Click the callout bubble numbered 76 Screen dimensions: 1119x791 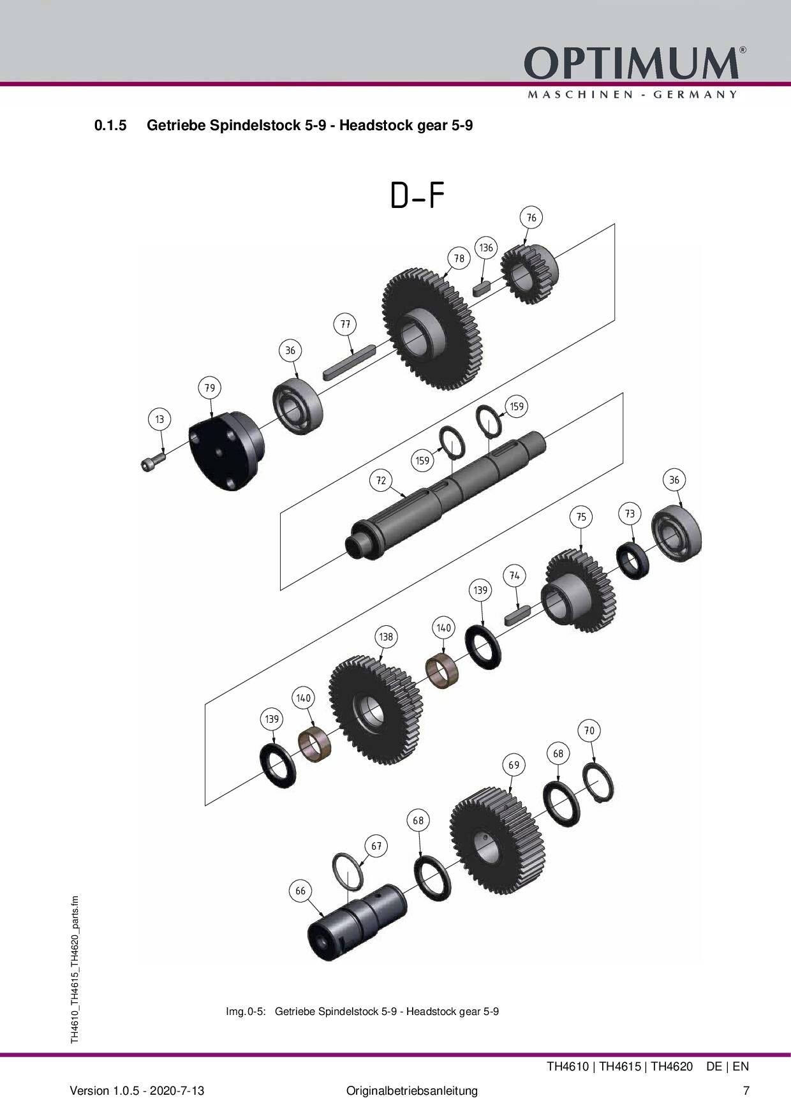click(531, 218)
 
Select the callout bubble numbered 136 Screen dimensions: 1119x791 click(486, 248)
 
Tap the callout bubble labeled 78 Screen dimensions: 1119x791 click(459, 258)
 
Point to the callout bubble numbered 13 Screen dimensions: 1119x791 click(159, 419)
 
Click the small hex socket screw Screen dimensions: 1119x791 click(151, 463)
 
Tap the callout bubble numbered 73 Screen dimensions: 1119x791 click(630, 514)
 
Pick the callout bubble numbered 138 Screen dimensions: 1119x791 click(386, 637)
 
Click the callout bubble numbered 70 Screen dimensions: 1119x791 click(589, 730)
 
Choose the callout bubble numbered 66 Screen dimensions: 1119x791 click(300, 891)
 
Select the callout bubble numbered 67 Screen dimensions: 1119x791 click(376, 846)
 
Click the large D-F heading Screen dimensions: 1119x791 click(417, 196)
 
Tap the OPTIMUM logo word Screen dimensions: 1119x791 click(631, 64)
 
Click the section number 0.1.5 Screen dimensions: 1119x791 click(110, 126)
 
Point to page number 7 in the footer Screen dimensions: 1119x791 click(746, 1090)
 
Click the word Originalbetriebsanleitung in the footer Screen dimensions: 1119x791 click(411, 1090)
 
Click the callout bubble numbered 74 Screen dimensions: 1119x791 click(515, 575)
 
